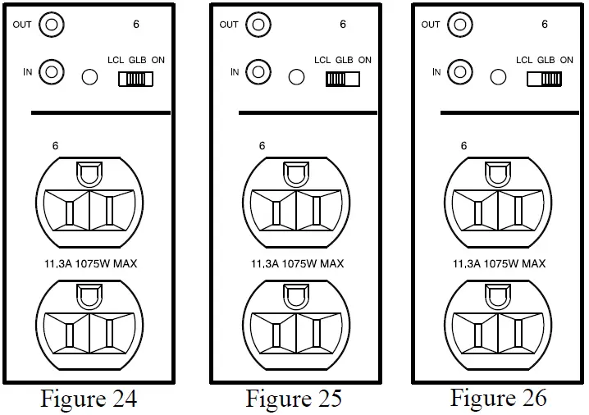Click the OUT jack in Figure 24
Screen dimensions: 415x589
click(x=53, y=25)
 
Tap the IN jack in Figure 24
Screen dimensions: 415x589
click(x=53, y=72)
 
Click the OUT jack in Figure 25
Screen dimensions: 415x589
click(x=258, y=25)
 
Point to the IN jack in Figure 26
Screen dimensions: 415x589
click(x=460, y=72)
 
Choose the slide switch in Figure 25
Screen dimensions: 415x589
click(x=342, y=79)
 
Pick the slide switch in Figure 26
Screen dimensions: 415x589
click(x=544, y=79)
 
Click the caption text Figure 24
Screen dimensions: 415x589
click(x=89, y=399)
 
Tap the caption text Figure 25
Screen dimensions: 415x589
click(x=294, y=399)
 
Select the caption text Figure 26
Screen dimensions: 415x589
click(x=498, y=398)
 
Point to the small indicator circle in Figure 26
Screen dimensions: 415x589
click(x=498, y=78)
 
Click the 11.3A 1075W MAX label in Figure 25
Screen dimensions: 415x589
click(x=297, y=264)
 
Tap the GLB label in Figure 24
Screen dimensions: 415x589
click(x=137, y=60)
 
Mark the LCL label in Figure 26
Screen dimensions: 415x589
click(x=524, y=60)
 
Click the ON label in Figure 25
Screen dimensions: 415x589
click(x=364, y=60)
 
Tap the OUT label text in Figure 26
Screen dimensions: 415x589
click(x=431, y=25)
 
